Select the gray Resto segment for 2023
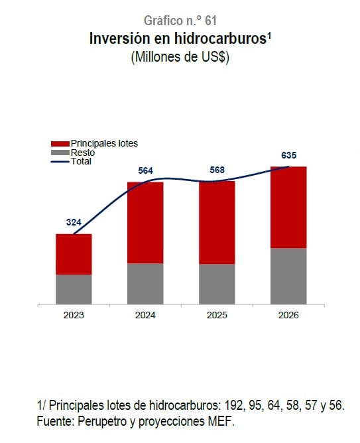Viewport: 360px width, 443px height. coord(74,289)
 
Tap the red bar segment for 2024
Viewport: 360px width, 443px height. coord(145,222)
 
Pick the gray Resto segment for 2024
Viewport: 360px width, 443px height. coord(145,283)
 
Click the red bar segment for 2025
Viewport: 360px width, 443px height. coord(217,222)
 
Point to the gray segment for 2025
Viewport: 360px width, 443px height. coord(217,284)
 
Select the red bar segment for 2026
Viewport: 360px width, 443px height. coord(288,207)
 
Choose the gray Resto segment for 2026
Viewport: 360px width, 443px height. coord(288,276)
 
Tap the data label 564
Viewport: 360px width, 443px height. coord(145,170)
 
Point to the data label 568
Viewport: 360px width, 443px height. coord(217,169)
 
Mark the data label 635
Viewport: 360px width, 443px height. coord(288,155)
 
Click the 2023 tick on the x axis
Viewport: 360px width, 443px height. coord(74,315)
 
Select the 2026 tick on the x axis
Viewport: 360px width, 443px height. coord(288,315)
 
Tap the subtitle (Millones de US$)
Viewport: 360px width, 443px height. coord(180,58)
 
